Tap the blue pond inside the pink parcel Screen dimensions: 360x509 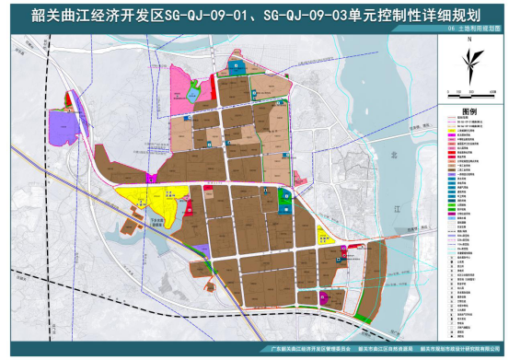point(194,91)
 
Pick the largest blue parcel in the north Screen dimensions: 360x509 point(238,66)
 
